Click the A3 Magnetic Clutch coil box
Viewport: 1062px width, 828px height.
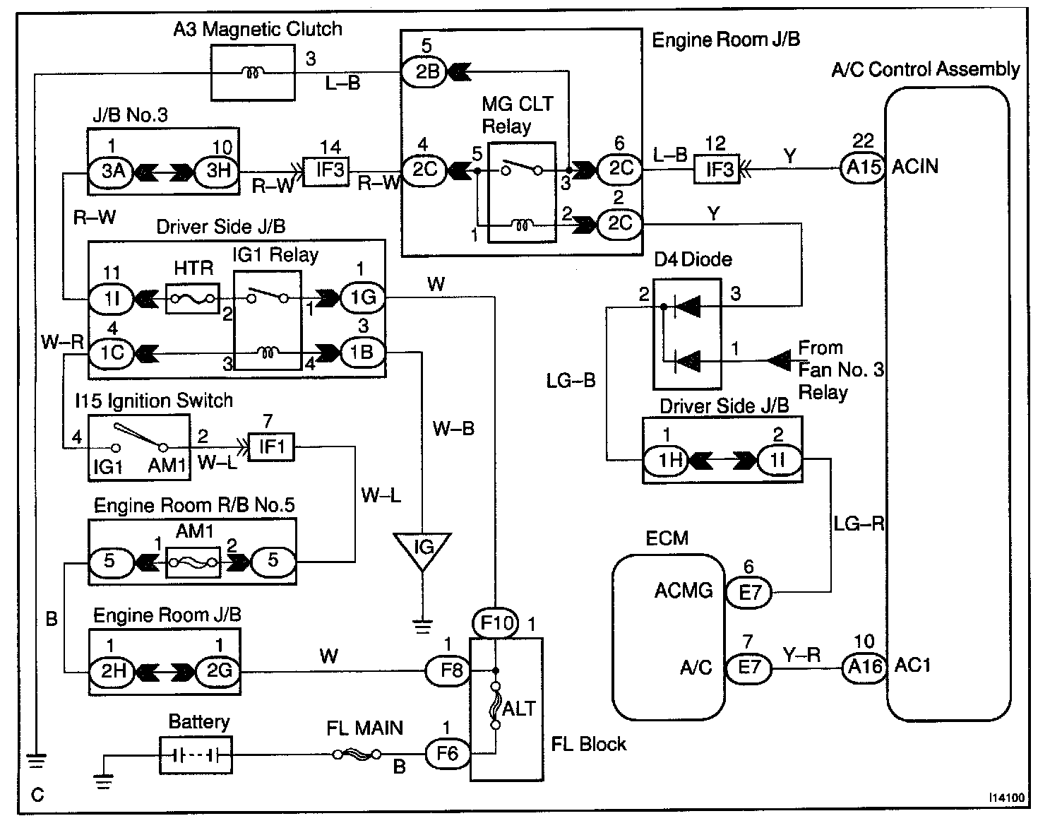(x=253, y=72)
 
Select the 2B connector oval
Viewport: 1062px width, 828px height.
(x=424, y=71)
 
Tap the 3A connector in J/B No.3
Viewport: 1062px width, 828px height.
(x=112, y=172)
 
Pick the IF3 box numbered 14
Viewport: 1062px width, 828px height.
(x=326, y=170)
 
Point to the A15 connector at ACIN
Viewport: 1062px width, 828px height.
(x=863, y=169)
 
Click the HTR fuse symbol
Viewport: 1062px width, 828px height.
(x=193, y=299)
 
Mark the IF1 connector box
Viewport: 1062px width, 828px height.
(x=271, y=446)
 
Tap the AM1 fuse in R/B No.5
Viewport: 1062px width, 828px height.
(x=193, y=562)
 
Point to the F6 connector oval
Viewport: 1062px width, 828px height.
(x=447, y=754)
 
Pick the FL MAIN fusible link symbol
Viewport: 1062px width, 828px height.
(x=358, y=754)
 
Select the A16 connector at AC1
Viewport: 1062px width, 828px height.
(x=864, y=666)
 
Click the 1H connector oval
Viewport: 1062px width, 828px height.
(x=667, y=461)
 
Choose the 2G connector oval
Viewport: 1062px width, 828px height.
(x=218, y=670)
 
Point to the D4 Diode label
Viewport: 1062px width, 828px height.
(x=693, y=259)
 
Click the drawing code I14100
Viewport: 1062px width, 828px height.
(x=1006, y=797)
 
